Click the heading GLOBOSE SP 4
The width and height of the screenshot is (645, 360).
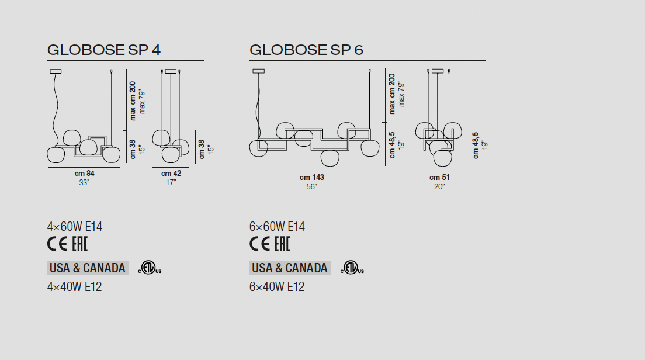(103, 50)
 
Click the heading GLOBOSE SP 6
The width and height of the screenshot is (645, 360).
(306, 50)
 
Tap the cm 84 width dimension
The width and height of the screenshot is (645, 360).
(84, 174)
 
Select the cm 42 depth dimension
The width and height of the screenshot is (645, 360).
(171, 174)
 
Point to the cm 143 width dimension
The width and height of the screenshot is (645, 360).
(312, 177)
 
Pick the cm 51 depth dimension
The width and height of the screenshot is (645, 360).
(439, 177)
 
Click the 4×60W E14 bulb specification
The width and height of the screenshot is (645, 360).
(75, 227)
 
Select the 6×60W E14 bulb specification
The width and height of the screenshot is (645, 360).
(277, 227)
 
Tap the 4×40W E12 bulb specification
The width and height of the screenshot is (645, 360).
(74, 287)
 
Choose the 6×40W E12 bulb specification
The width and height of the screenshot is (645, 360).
(277, 287)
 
